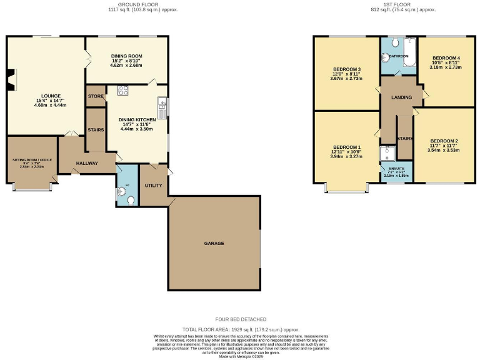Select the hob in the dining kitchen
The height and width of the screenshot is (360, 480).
point(122,91)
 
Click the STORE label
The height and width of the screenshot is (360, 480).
point(96,97)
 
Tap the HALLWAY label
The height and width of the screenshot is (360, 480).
point(87,163)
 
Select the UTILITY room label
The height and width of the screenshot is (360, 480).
point(153,186)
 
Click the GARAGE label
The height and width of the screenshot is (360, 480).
point(213,243)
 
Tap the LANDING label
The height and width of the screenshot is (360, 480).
point(401,97)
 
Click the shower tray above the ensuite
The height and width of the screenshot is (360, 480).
point(386,151)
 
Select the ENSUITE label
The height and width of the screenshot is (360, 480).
point(396,169)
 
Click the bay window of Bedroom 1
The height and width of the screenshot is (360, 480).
point(346,187)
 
